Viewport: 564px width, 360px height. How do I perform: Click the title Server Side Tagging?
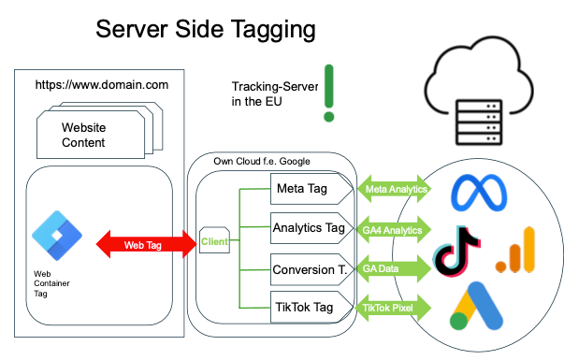click(x=205, y=30)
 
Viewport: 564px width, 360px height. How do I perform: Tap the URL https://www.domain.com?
click(x=101, y=85)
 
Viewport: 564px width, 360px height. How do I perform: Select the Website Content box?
click(x=88, y=135)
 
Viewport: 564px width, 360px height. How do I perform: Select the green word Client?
click(x=213, y=242)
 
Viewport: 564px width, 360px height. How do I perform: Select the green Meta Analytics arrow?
click(x=395, y=190)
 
